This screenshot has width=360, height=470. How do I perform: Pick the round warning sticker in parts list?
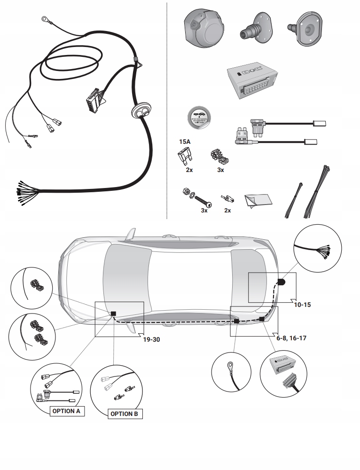pyautogui.click(x=198, y=117)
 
